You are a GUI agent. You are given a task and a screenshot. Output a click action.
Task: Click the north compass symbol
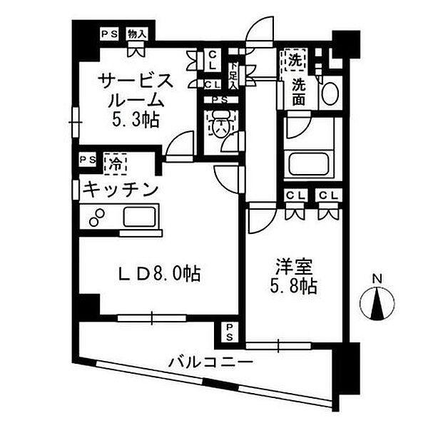click(377, 303)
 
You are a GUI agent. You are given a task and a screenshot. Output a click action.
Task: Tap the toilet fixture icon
click(222, 123)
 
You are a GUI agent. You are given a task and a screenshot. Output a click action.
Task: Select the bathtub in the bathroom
click(309, 164)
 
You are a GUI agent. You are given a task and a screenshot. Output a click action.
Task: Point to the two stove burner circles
click(97, 218)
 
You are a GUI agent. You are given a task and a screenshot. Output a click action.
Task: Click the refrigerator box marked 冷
click(115, 164)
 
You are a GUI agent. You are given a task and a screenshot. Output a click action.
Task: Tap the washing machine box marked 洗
click(296, 60)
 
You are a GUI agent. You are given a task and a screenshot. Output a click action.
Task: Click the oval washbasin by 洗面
click(330, 93)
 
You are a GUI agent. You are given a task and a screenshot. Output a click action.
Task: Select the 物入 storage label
click(137, 34)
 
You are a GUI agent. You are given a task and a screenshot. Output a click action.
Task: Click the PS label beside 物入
click(109, 34)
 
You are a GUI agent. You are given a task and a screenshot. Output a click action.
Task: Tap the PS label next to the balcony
click(229, 332)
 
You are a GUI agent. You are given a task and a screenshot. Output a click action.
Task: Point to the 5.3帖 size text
click(136, 120)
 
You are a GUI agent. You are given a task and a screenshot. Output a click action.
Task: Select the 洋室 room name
click(294, 266)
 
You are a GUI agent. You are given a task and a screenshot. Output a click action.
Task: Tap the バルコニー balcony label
click(210, 362)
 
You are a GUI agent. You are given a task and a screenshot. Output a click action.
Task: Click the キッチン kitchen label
click(121, 190)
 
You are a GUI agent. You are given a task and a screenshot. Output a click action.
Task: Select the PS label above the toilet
click(220, 100)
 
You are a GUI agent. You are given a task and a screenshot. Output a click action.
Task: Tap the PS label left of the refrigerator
click(88, 159)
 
